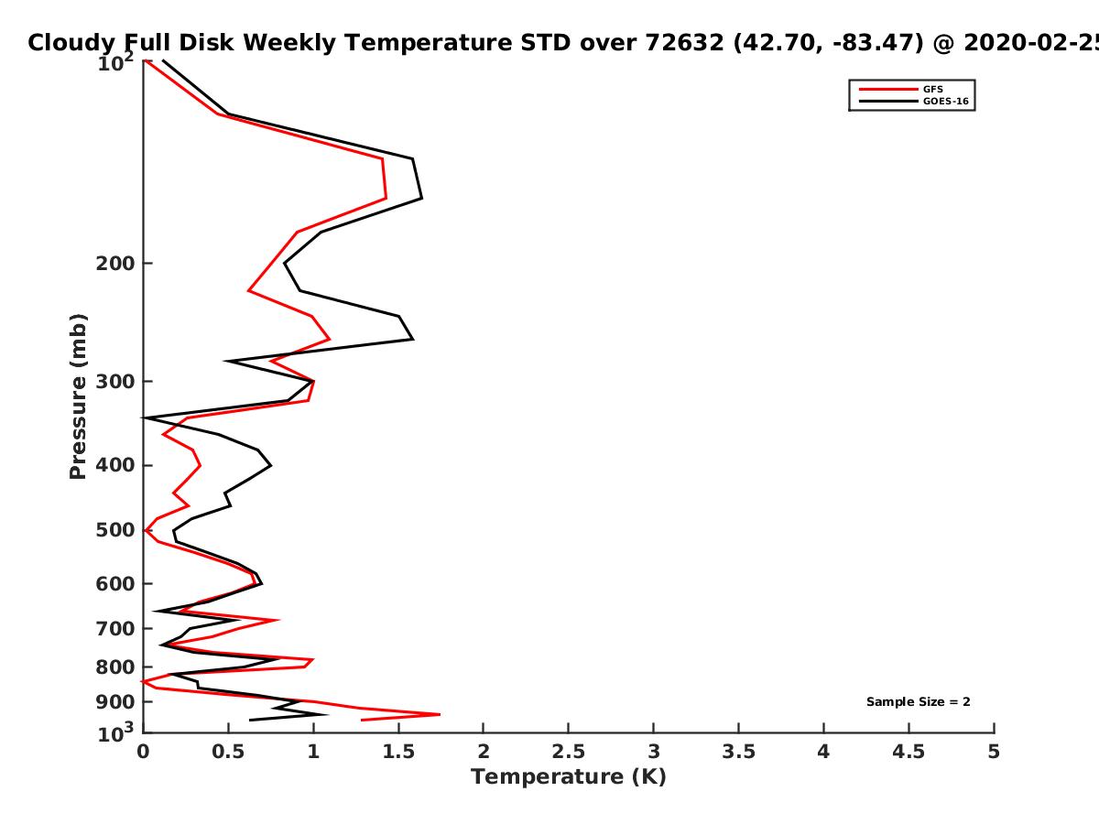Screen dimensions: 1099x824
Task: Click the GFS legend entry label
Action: [932, 90]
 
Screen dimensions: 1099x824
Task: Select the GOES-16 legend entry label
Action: [946, 102]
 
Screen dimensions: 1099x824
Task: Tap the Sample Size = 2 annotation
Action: [919, 702]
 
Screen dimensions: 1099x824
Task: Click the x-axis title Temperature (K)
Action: [569, 777]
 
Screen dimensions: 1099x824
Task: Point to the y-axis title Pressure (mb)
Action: [78, 396]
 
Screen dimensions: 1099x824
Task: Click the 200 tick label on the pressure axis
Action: [115, 264]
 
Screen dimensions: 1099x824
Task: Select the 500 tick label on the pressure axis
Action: [115, 530]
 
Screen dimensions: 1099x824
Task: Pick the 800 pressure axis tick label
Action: [115, 667]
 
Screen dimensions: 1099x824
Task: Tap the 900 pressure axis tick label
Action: [115, 702]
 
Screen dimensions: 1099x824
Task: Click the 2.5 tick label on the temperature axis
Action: [569, 752]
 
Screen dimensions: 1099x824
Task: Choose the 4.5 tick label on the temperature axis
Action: [909, 752]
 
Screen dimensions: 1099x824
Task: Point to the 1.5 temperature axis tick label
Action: [398, 752]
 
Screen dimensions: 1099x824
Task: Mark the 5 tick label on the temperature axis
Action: [994, 752]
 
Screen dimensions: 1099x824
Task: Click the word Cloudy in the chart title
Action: [71, 44]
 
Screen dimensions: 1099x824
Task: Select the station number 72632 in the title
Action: [684, 43]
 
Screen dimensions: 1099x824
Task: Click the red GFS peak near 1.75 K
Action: [440, 714]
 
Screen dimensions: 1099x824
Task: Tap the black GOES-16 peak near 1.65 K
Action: [422, 199]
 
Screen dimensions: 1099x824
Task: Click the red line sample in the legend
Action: [888, 90]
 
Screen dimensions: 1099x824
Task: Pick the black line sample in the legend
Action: [888, 102]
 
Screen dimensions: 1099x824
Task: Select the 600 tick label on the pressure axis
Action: [115, 584]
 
